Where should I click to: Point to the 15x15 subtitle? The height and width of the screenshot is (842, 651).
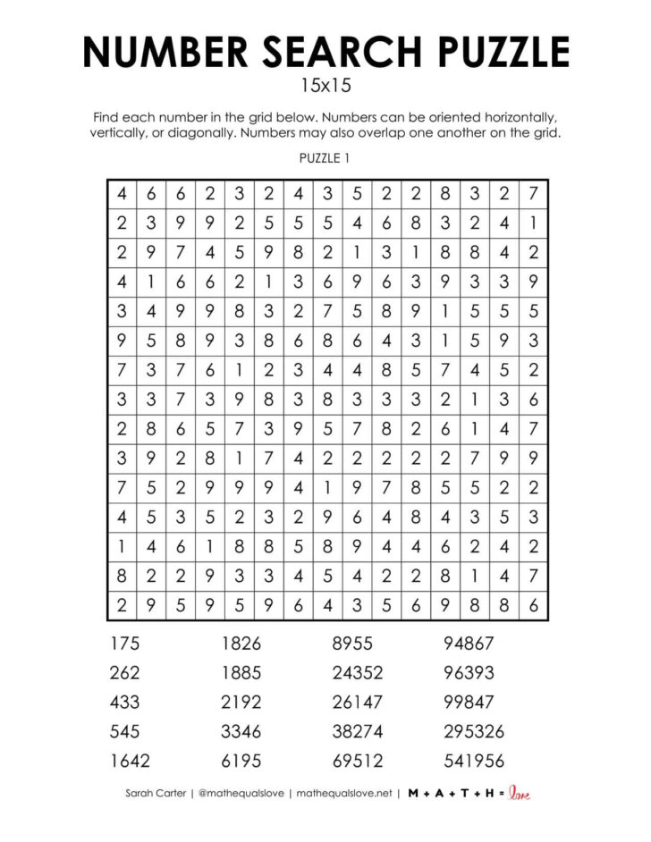(x=325, y=88)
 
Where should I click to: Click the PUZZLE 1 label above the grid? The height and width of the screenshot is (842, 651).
(x=325, y=158)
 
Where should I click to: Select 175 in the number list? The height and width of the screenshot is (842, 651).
(x=127, y=643)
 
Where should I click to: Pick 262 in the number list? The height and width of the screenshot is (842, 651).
(x=127, y=672)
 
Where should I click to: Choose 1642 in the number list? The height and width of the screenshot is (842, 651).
(x=131, y=761)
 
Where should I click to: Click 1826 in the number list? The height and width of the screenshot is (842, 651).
(x=241, y=643)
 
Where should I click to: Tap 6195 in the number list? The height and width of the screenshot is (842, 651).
(x=241, y=761)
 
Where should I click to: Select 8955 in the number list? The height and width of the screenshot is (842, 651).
(x=352, y=643)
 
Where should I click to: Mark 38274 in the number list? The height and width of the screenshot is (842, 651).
(x=357, y=731)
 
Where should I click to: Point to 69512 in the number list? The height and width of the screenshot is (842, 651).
(x=357, y=761)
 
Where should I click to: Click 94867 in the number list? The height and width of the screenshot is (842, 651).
(x=469, y=643)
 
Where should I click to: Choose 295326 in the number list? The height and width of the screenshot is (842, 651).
(x=474, y=731)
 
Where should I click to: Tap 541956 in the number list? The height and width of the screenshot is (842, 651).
(x=474, y=761)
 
